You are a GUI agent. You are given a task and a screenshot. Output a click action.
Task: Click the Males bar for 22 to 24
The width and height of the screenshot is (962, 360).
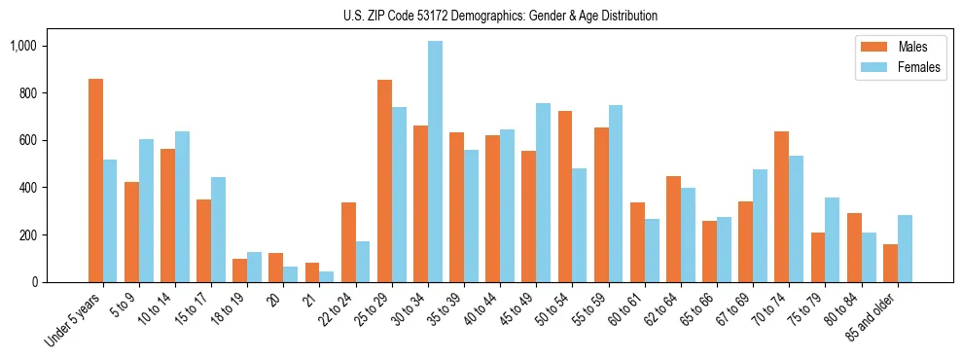pyautogui.click(x=348, y=242)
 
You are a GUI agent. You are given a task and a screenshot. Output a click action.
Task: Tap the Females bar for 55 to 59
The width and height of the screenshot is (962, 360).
pyautogui.click(x=616, y=194)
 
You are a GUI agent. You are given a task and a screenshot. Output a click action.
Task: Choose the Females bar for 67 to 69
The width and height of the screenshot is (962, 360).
pyautogui.click(x=760, y=226)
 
